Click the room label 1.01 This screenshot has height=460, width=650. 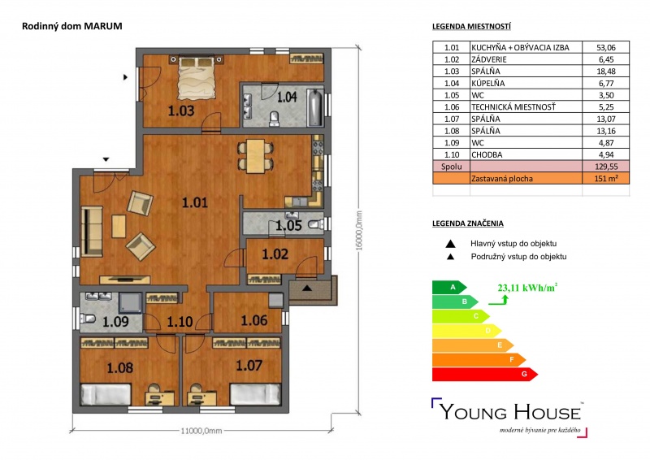[195, 202]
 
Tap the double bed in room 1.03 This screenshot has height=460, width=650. [197, 77]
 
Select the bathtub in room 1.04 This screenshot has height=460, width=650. [315, 107]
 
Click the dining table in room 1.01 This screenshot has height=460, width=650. [255, 156]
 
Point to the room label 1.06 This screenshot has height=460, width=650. [254, 319]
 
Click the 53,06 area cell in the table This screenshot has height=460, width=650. [605, 47]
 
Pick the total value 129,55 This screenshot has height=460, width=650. [605, 167]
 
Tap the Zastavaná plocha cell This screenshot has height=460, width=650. [502, 179]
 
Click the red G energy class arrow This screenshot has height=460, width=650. [484, 374]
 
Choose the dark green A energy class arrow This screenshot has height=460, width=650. [449, 287]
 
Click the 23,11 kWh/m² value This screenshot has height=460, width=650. [527, 288]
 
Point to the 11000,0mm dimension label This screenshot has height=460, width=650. [201, 431]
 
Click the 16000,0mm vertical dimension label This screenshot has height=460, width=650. [359, 230]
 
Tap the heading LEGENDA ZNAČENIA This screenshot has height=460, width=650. [468, 223]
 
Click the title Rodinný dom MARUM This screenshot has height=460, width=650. [72, 26]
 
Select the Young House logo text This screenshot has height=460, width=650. [510, 412]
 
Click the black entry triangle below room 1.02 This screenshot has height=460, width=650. [307, 288]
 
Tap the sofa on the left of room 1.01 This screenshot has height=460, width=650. [92, 232]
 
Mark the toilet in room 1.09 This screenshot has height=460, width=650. [89, 319]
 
